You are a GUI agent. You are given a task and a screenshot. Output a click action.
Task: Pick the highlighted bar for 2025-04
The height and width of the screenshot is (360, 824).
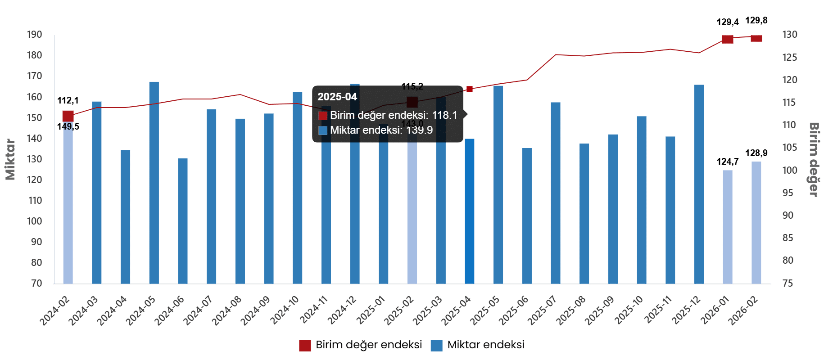[x=470, y=211]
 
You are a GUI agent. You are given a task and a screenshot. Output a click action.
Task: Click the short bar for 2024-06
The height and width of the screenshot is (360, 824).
[x=183, y=220]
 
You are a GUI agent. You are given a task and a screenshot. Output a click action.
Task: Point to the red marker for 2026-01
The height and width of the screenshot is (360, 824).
[x=728, y=39]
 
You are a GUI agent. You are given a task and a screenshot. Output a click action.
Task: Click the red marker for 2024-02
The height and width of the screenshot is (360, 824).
[x=68, y=116]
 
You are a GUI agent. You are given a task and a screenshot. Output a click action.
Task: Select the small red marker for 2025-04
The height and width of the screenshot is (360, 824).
[x=470, y=89]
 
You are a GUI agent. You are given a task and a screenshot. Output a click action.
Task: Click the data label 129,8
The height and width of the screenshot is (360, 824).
[x=756, y=20]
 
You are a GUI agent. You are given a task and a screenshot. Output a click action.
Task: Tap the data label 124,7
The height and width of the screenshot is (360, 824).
[x=728, y=162]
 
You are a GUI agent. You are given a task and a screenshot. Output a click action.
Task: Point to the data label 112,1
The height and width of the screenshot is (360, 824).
[x=68, y=100]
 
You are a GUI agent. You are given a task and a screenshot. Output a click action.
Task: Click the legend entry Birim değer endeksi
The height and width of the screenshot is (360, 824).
[x=361, y=345]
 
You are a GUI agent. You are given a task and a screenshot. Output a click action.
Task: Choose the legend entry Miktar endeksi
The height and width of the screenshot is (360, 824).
[x=478, y=345]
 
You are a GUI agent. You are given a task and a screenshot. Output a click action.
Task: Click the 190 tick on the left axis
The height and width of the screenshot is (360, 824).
[x=34, y=35]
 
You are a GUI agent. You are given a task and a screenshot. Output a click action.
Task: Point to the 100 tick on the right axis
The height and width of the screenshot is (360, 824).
[x=790, y=170]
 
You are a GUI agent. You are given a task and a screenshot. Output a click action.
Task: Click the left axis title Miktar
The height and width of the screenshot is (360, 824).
[x=10, y=160]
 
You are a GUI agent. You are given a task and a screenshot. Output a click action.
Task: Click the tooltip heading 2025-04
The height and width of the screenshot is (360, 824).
[x=337, y=97]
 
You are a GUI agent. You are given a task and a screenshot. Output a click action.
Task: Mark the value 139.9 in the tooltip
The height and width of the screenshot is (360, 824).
[x=419, y=130]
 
